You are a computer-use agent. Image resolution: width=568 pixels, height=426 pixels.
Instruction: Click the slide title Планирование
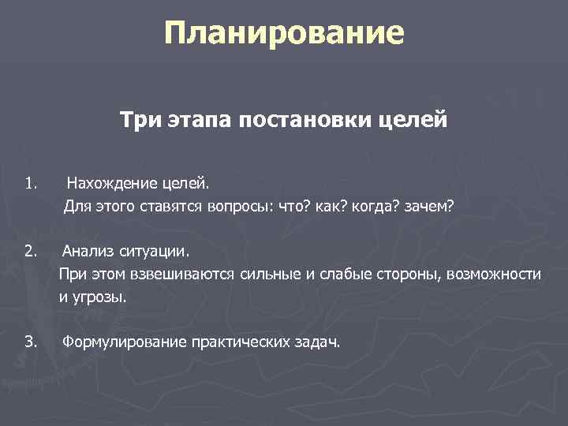coord(284,34)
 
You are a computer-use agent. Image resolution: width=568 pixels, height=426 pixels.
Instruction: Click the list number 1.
coord(30,185)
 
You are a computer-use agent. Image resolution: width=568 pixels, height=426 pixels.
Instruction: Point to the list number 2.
coord(30,252)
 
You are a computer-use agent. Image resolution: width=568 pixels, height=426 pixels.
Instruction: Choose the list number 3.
coord(30,342)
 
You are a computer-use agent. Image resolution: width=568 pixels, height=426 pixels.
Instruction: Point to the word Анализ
coord(89,252)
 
